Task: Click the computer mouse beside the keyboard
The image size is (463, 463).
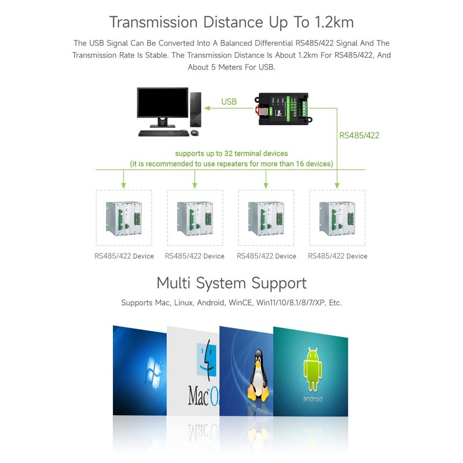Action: click(194, 133)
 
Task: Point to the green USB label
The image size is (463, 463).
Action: click(229, 102)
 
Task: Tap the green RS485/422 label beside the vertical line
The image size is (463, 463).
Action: click(359, 135)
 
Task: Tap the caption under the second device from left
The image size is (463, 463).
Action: click(194, 256)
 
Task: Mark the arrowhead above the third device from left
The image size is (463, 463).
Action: click(266, 185)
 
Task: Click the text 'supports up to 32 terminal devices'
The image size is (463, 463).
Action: click(231, 154)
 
